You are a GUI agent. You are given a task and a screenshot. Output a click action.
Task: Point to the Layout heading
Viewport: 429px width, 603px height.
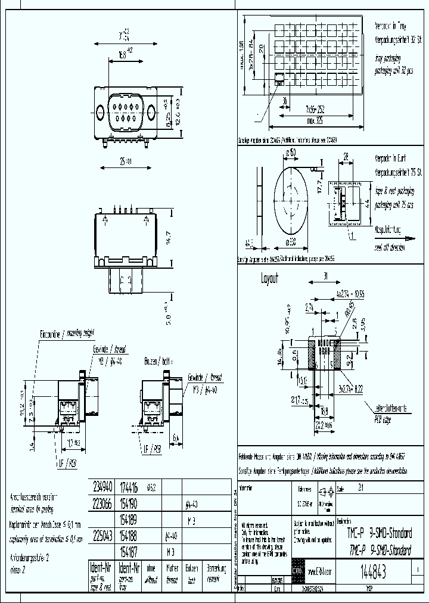(x=269, y=278)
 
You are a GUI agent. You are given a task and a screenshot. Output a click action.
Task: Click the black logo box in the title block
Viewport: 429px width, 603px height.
(x=298, y=571)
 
